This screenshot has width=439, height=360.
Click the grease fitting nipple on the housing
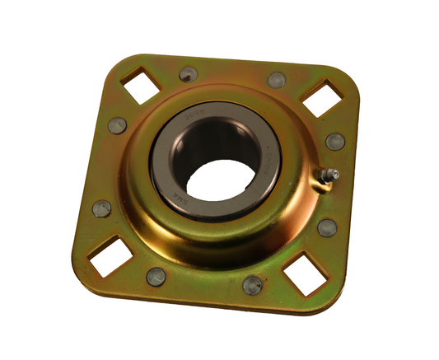(x=330, y=175)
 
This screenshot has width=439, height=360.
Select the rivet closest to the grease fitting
(x=334, y=141)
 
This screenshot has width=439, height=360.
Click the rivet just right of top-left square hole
(x=188, y=74)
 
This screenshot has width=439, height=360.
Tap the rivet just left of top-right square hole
(x=277, y=80)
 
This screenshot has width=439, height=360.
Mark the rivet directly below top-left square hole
(x=117, y=125)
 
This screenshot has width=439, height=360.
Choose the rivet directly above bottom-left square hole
(x=100, y=208)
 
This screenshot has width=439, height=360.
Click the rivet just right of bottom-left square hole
(x=156, y=277)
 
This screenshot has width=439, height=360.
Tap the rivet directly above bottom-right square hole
(x=326, y=227)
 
